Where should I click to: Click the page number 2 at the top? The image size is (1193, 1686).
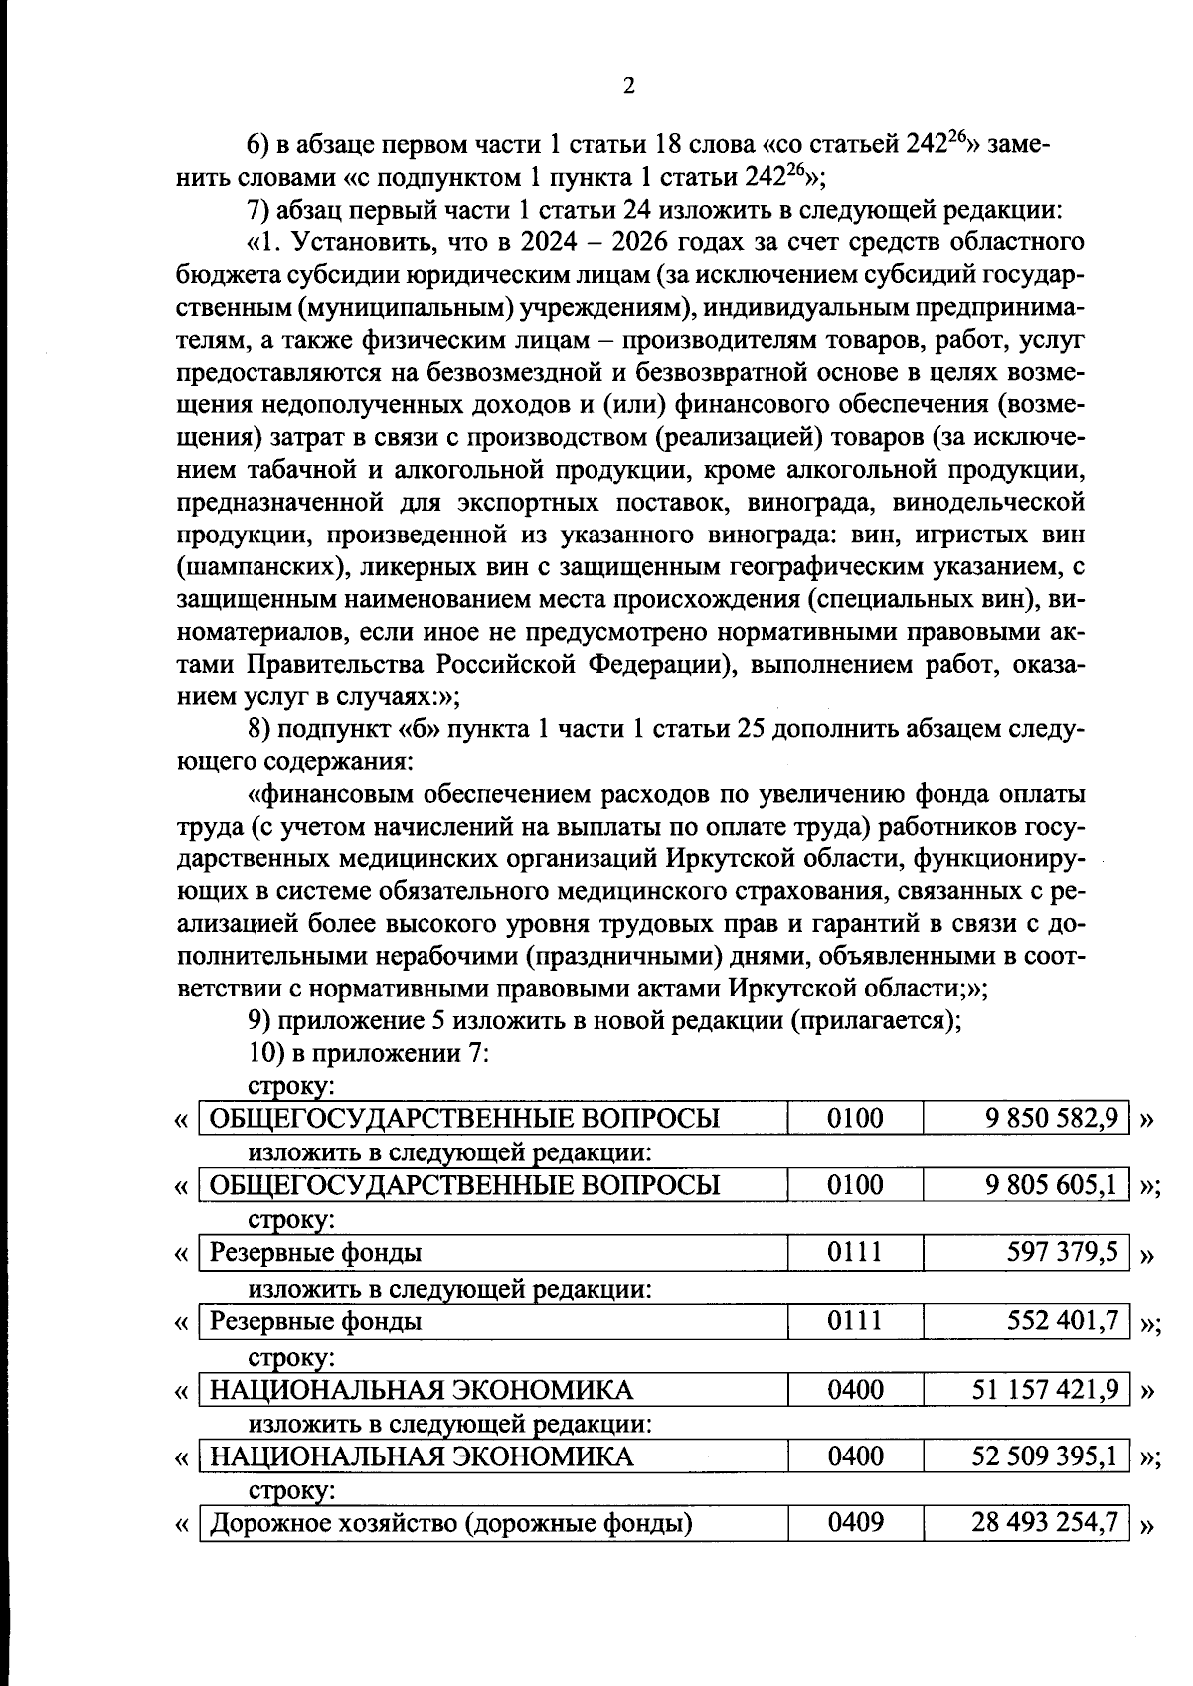(627, 86)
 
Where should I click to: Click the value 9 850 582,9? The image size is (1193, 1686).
(1053, 1118)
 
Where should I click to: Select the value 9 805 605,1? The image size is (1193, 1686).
(1053, 1184)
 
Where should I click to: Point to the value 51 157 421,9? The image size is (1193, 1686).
(1046, 1388)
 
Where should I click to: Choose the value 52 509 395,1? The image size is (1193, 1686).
(1046, 1456)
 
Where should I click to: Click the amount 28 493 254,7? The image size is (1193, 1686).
(1046, 1523)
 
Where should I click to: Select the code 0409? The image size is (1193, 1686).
(855, 1523)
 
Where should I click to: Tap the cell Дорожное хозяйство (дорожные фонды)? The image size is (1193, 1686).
(451, 1523)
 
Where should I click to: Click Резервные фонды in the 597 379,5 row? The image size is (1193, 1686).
(316, 1253)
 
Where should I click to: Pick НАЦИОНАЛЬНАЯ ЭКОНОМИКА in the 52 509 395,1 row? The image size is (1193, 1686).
(422, 1456)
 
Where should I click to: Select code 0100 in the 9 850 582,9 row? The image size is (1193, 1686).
(855, 1118)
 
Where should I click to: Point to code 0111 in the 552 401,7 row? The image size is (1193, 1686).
(855, 1320)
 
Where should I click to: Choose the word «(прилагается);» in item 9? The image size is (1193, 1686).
(875, 1020)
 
